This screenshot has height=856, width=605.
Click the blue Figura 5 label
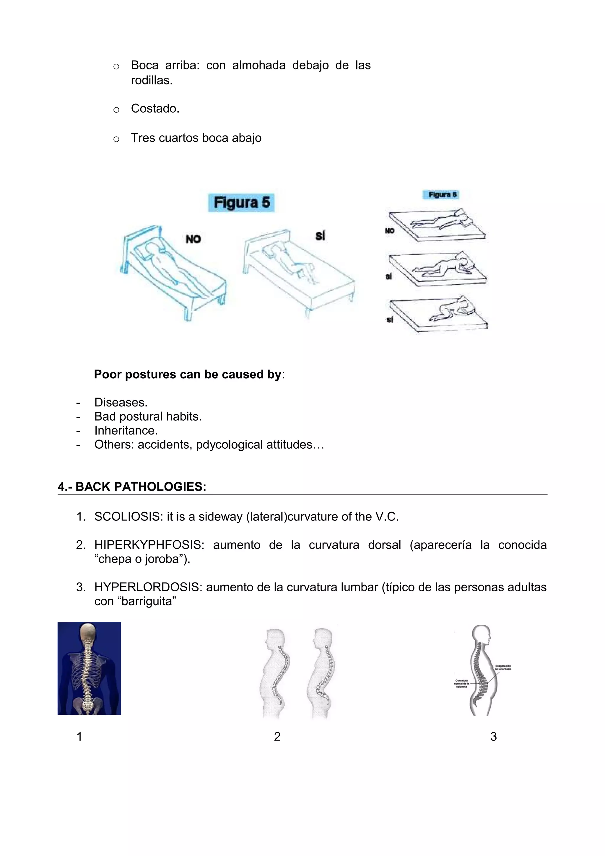[x=241, y=203]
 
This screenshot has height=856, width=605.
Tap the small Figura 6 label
[x=442, y=195]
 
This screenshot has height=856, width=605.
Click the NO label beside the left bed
[x=193, y=239]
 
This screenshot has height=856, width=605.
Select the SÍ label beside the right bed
[x=320, y=236]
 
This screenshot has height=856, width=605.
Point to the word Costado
[x=155, y=108]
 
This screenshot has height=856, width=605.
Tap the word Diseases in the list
[x=121, y=402]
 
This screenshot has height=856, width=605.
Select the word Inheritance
[x=126, y=430]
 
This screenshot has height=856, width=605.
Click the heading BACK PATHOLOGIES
[x=141, y=486]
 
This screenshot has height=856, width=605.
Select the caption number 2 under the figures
[x=277, y=736]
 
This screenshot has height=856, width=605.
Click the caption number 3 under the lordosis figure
[x=493, y=736]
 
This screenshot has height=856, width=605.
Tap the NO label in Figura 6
[x=390, y=231]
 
